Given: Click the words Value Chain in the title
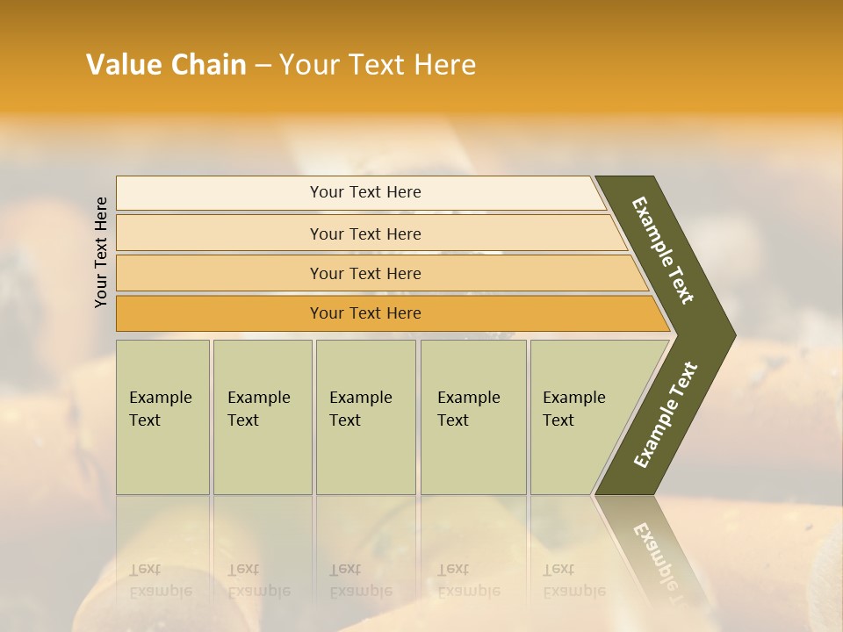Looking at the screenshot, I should [x=166, y=65].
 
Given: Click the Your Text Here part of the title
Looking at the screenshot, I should [x=378, y=65].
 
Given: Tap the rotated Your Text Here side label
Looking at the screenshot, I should [x=101, y=252].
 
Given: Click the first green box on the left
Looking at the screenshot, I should [x=162, y=448].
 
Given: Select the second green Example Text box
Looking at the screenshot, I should [x=263, y=448].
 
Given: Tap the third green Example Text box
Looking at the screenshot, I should [x=365, y=448].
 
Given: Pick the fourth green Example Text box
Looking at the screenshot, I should [x=473, y=448].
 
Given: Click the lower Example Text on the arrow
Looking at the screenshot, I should [x=666, y=414].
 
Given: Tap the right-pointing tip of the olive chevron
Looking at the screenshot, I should [x=731, y=334].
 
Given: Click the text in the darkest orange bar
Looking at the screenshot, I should [x=365, y=313].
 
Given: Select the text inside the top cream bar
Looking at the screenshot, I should [x=365, y=192].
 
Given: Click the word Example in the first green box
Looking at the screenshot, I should [x=160, y=398].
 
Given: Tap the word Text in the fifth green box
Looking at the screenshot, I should [x=558, y=420].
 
